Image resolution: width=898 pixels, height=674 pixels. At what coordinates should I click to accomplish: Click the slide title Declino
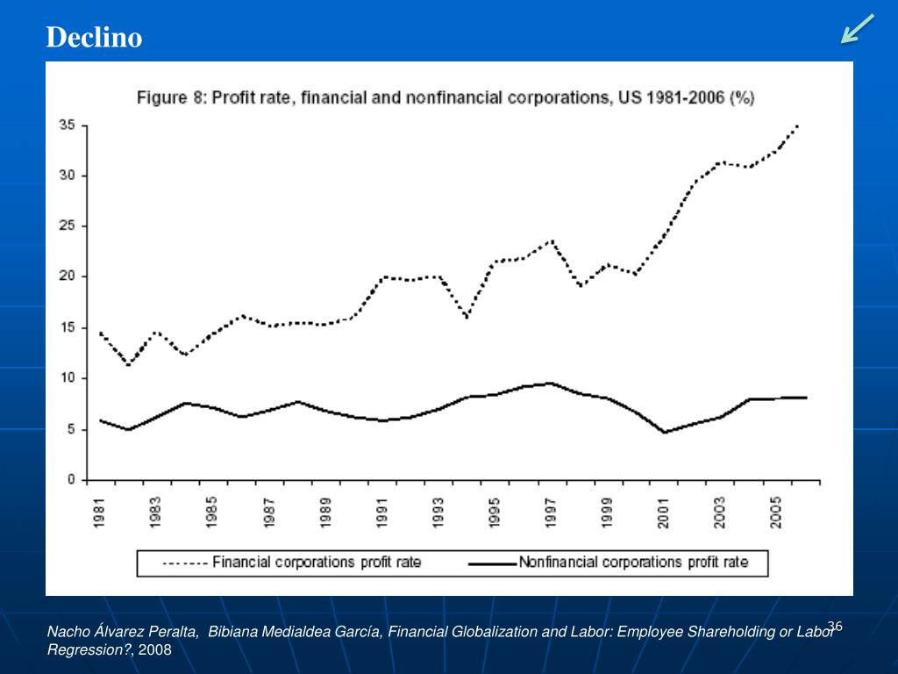coord(94,38)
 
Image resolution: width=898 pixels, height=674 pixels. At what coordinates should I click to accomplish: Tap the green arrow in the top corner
coord(857,28)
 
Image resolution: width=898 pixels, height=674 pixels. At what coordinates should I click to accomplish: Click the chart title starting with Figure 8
coord(445,98)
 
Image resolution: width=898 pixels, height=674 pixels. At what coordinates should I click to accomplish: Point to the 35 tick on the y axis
coord(68,125)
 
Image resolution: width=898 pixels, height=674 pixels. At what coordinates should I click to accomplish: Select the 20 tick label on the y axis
coord(68,276)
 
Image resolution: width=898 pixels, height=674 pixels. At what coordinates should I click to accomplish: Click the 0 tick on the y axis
coord(71,480)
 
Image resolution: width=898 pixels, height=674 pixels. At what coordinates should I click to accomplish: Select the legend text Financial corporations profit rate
coord(317,563)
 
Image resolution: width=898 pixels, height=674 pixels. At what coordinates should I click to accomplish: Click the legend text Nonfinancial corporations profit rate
coord(633,563)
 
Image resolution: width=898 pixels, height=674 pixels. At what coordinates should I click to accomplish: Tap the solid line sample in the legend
coord(493,563)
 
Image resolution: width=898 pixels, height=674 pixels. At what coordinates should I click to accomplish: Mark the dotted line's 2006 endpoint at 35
coord(797,126)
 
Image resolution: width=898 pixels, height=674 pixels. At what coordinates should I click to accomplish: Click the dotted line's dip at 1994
coord(467,318)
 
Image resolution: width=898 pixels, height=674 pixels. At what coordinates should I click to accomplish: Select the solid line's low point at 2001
coord(665,432)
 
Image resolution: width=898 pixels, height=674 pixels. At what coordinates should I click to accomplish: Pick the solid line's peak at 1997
coord(551,383)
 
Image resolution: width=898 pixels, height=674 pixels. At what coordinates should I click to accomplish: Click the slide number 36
coord(834,626)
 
